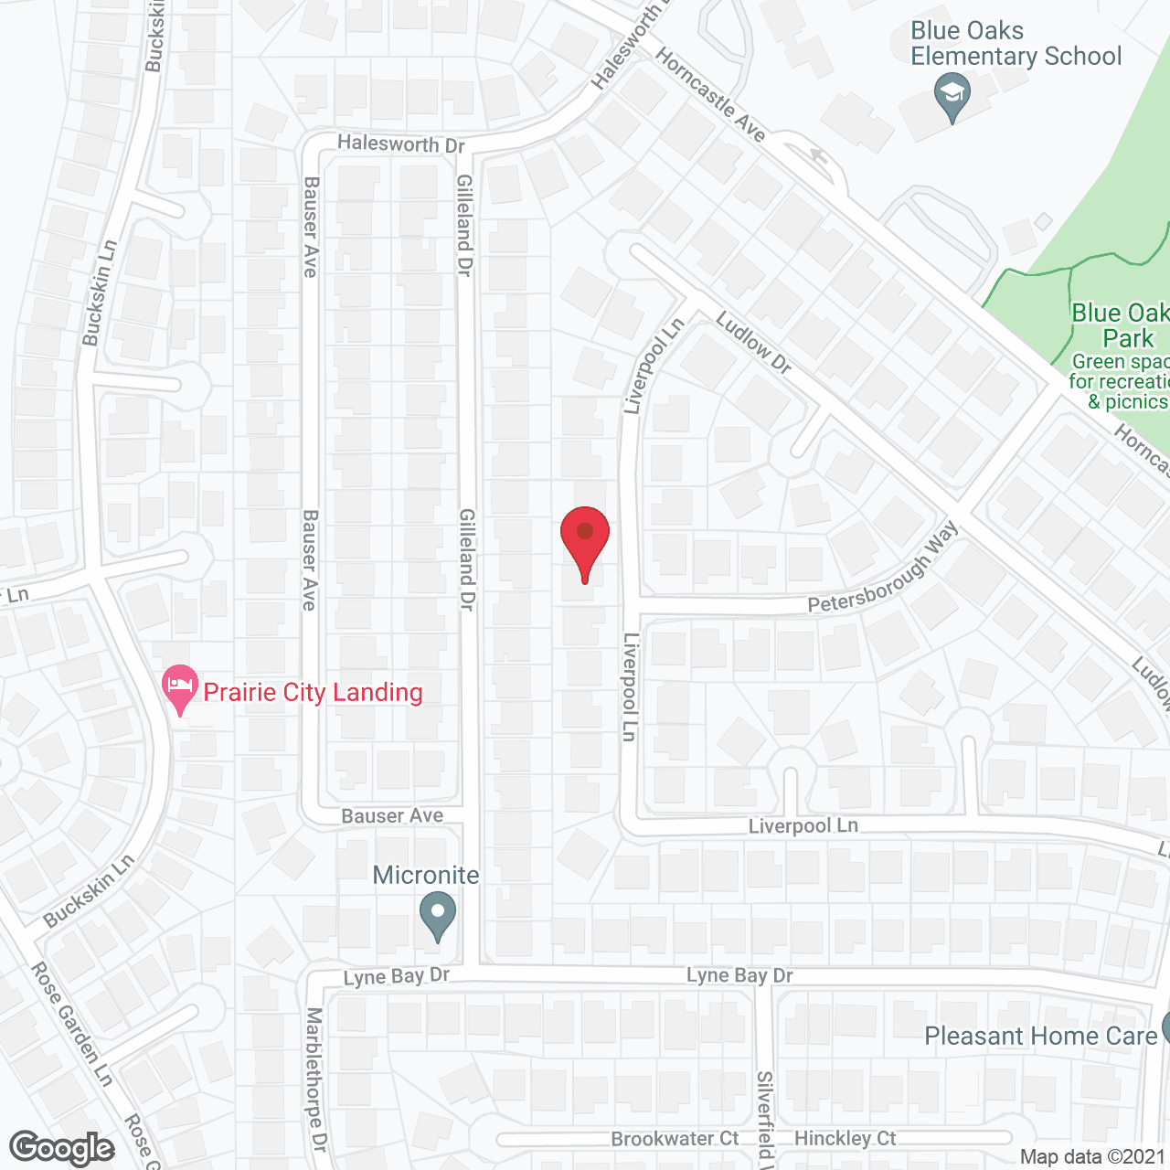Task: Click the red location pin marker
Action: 584,539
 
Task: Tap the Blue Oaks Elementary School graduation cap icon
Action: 952,96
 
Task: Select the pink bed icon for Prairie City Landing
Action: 180,687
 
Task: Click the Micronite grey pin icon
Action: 438,915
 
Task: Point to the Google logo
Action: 61,1148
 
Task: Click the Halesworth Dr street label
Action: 401,144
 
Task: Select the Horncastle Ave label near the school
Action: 710,94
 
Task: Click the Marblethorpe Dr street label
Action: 315,1079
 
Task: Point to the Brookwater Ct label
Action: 675,1139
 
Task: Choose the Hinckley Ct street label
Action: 846,1138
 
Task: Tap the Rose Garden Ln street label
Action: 72,1024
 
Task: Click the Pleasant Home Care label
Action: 1040,1036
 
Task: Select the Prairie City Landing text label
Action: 313,692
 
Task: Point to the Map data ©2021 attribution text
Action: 1092,1156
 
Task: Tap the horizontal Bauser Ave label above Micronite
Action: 392,815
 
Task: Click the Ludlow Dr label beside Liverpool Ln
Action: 753,342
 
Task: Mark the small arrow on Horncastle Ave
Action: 818,157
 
